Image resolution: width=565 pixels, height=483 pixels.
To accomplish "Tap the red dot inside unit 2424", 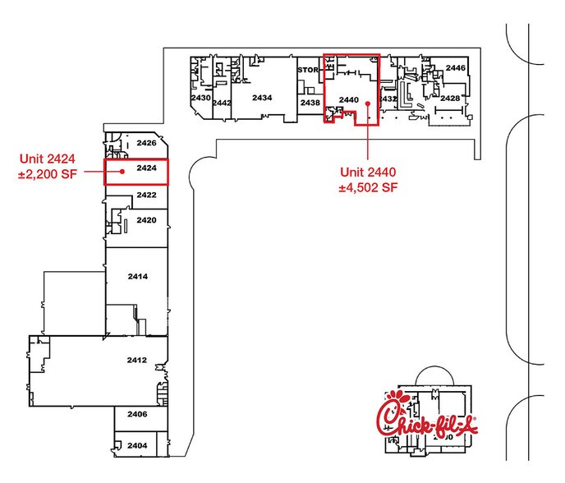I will point(122,172).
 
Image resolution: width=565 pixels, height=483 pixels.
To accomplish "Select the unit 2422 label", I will point(146,195).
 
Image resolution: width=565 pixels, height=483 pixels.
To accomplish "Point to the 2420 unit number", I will point(146,220).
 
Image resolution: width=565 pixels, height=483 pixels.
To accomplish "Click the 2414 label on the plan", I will point(137,277).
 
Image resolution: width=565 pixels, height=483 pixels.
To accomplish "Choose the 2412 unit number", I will point(136,361).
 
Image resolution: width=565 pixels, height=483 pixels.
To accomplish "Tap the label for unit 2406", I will point(137,415).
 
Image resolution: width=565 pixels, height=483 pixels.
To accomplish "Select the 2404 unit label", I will point(137,444).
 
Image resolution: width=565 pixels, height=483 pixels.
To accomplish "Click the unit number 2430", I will point(200,98).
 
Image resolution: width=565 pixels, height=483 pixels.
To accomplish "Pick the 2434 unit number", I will point(262,98).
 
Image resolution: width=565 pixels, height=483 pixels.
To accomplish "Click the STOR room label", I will point(307,71).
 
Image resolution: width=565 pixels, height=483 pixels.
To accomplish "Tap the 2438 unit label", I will point(310,103).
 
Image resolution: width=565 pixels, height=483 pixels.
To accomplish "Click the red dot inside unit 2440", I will point(368,104).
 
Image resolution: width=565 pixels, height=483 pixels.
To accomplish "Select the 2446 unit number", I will point(456,67).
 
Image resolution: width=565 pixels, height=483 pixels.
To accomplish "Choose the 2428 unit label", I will point(449,98).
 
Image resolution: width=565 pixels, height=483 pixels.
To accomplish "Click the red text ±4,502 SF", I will point(369,187).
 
